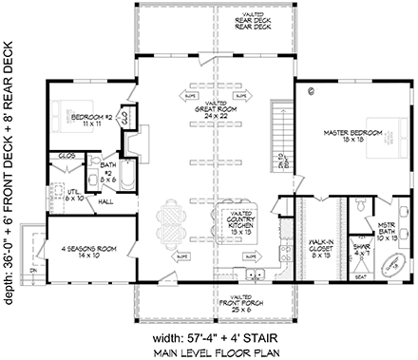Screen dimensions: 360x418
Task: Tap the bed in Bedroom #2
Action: coord(63,106)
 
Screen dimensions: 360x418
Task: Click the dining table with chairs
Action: coord(177,222)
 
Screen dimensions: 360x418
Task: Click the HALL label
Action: coord(110,202)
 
